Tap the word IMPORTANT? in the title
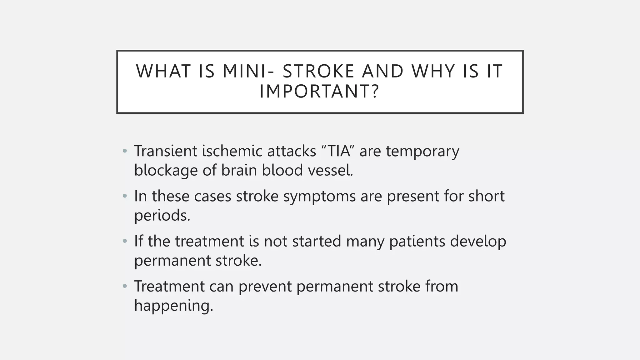pyautogui.click(x=319, y=92)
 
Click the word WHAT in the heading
pyautogui.click(x=163, y=71)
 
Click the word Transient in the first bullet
pyautogui.click(x=166, y=151)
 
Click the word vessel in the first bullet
pyautogui.click(x=330, y=171)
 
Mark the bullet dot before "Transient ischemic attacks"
pyautogui.click(x=125, y=151)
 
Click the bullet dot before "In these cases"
pyautogui.click(x=125, y=196)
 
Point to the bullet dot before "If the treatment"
pyautogui.click(x=125, y=241)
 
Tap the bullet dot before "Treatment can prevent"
pyautogui.click(x=125, y=286)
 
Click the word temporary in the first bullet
pyautogui.click(x=422, y=152)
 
